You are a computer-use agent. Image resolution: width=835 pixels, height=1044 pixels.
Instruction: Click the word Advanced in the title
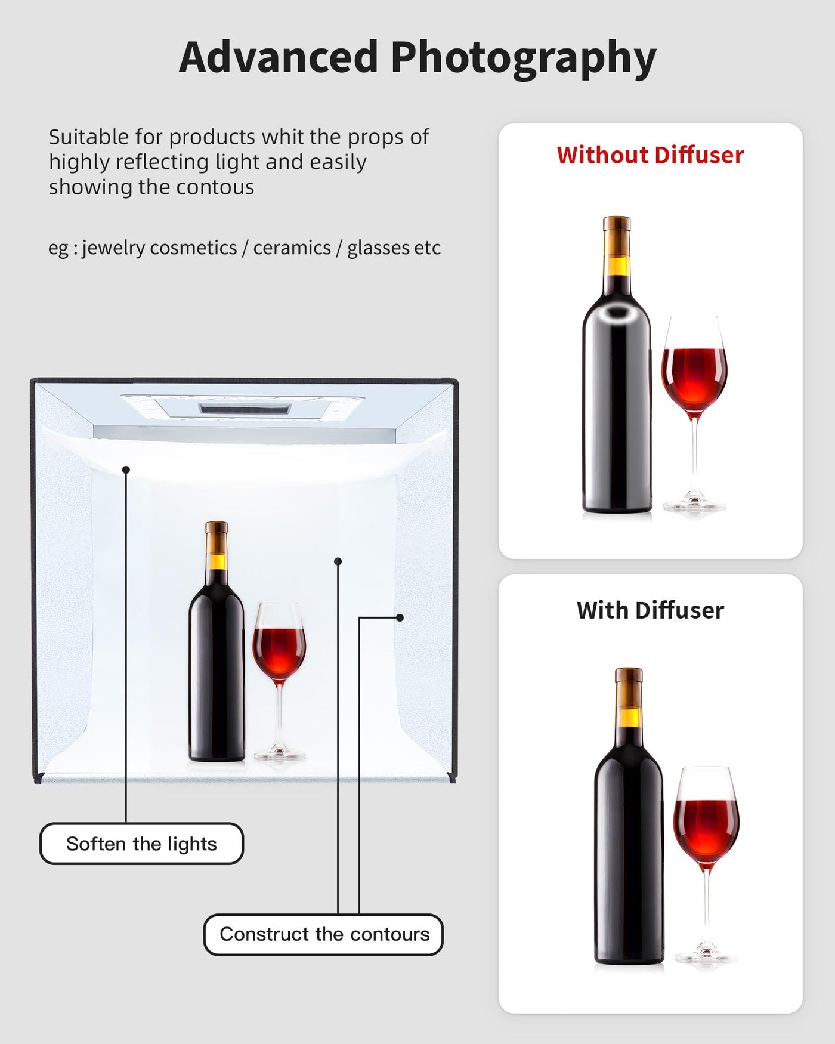point(279,57)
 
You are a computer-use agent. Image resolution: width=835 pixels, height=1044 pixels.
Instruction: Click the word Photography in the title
point(524,60)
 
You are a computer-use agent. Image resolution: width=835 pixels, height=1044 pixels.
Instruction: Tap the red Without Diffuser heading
point(650,155)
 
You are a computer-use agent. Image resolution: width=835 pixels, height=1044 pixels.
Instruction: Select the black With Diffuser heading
point(650,610)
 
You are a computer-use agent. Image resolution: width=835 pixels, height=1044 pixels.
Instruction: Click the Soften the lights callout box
point(141,844)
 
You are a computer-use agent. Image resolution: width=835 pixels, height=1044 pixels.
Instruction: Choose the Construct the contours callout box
point(324,934)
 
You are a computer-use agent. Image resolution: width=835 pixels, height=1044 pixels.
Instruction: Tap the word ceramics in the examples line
point(292,248)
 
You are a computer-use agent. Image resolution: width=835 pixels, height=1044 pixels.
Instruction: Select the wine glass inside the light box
point(279,680)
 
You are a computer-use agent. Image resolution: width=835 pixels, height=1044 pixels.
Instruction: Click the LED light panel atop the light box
point(245,409)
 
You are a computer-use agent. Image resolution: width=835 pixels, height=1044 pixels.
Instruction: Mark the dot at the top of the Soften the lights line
point(126,470)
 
